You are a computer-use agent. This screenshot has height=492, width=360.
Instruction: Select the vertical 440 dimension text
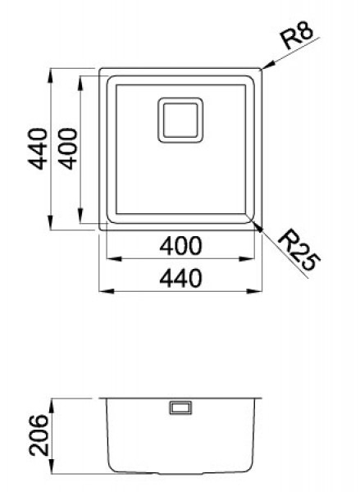click(x=35, y=148)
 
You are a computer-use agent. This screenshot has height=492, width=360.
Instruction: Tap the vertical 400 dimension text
click(x=68, y=148)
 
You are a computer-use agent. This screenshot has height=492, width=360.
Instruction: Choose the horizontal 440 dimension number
click(x=181, y=279)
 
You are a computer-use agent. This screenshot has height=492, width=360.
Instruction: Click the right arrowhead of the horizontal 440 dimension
click(x=260, y=290)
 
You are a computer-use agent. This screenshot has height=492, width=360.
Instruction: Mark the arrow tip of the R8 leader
click(x=263, y=68)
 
